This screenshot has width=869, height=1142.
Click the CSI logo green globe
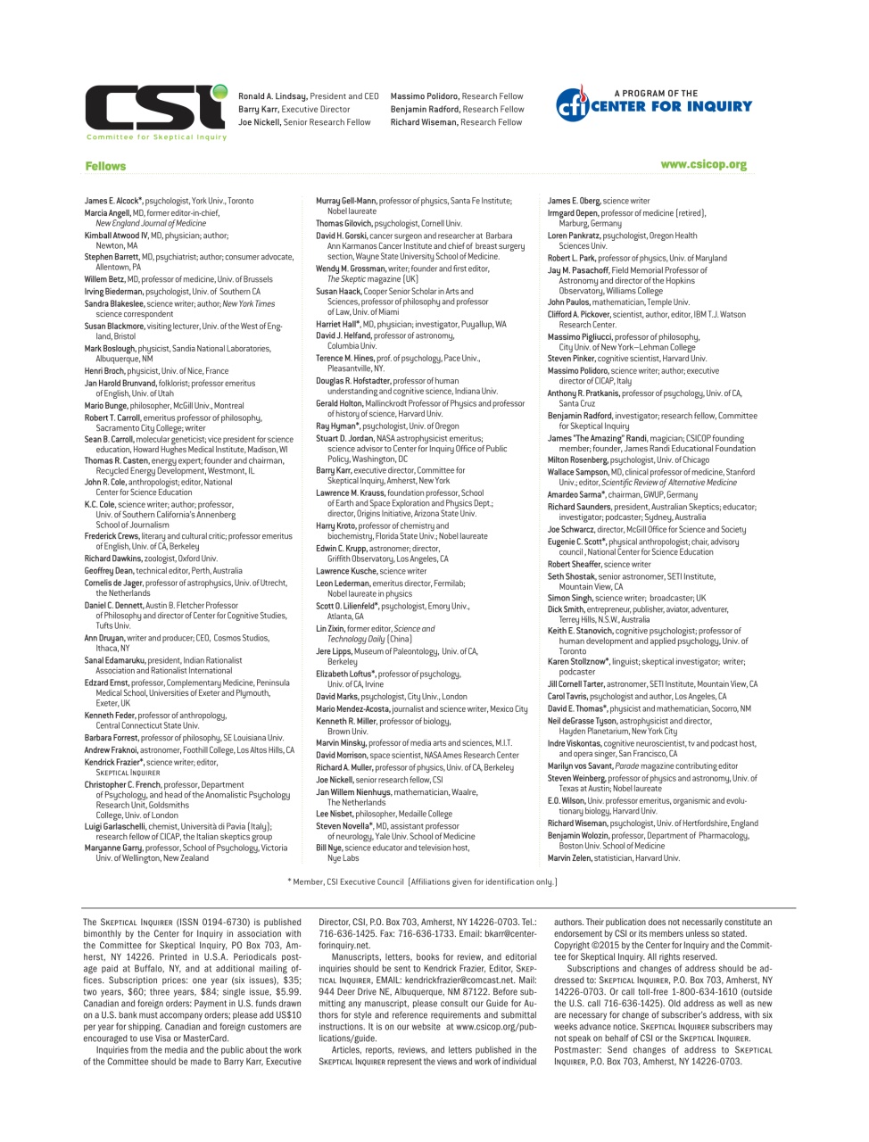[x=219, y=92]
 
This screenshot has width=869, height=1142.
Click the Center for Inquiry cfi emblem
[x=572, y=105]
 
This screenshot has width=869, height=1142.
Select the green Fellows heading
[x=105, y=166]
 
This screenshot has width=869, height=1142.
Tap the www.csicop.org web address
[x=703, y=165]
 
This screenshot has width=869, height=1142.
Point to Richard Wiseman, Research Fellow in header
[x=456, y=122]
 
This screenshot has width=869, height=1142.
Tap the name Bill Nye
[x=329, y=848]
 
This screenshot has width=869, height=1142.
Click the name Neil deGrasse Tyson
[x=582, y=721]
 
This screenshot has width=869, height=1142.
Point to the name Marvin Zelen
[x=568, y=858]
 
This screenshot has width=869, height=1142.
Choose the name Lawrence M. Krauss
[x=345, y=492]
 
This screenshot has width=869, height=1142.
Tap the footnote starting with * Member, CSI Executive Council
[x=422, y=881]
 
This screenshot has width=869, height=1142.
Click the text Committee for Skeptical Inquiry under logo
[x=156, y=137]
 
